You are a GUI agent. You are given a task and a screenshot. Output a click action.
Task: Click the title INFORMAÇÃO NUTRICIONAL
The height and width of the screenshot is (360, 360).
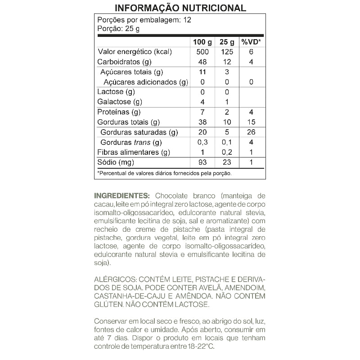pos(180,8)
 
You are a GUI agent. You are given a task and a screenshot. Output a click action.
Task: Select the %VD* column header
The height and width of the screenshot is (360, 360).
pos(251,42)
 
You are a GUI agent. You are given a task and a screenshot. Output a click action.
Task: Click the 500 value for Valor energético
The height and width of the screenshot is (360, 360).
pos(202,52)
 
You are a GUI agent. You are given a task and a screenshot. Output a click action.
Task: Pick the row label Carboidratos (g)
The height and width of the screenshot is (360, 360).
pos(124,62)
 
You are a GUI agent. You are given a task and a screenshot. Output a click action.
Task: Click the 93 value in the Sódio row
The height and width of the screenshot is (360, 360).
pos(202,162)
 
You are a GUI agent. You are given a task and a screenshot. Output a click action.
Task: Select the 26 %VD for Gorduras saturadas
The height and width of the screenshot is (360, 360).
pos(251,132)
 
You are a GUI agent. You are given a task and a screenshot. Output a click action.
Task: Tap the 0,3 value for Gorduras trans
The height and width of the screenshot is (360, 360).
pos(202,143)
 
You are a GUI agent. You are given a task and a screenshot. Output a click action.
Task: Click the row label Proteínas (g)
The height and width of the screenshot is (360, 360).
pos(119,112)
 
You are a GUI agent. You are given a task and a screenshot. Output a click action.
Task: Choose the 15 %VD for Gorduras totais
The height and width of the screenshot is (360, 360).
pos(251,122)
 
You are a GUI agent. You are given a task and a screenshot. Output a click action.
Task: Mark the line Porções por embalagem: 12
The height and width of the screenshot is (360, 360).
pos(144,20)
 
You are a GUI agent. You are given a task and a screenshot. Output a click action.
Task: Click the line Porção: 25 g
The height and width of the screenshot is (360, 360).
pos(118,28)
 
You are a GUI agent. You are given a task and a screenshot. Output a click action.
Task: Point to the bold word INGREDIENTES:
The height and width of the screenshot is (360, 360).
pos(122,196)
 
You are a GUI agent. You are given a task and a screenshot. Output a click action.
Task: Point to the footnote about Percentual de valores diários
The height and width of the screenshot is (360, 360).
pos(164,173)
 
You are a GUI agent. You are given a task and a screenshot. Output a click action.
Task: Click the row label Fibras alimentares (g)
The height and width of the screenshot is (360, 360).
pos(134,152)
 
